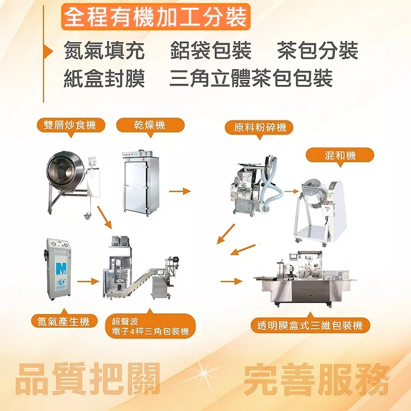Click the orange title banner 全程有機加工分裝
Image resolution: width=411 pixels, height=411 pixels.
(156, 17)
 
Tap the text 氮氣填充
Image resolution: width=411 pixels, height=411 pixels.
(104, 50)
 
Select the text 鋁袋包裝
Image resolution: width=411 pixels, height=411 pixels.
(211, 50)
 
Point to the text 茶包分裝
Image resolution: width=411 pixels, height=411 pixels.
(318, 50)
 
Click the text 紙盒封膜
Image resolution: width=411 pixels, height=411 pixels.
(104, 78)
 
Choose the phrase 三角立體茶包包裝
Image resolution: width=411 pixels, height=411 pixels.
(251, 78)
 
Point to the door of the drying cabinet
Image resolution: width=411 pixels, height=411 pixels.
(135, 187)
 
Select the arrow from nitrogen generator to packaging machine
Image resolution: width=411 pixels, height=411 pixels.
(88, 282)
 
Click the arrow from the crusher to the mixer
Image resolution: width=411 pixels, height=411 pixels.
(292, 191)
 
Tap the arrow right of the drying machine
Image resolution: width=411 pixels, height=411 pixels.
(180, 191)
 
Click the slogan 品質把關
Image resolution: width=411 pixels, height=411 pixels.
(88, 379)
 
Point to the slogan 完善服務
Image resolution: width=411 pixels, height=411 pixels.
(316, 379)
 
